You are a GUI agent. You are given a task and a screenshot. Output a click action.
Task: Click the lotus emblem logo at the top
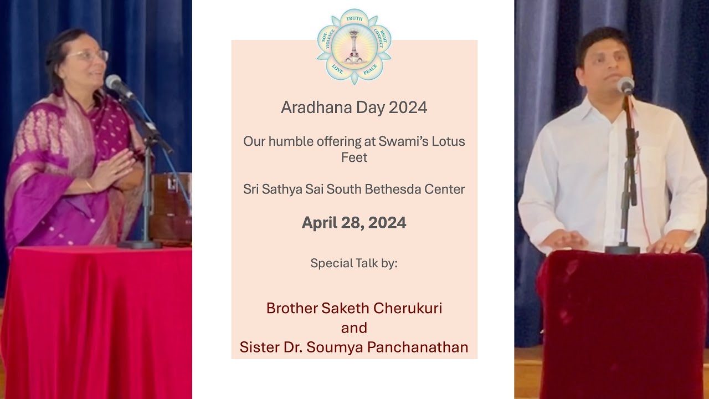pos(354,46)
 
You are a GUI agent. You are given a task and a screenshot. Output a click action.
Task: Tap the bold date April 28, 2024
pos(354,223)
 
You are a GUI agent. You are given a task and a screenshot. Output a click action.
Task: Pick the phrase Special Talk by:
pos(354,263)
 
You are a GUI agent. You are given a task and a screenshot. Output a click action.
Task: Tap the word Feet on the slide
pos(354,157)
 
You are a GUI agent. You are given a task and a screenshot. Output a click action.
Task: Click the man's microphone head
pos(626,85)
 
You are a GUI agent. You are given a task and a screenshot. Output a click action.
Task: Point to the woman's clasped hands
pos(114,170)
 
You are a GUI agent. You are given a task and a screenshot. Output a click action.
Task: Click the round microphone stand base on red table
pos(140,244)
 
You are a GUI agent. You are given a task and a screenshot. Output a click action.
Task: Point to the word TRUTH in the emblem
pos(354,19)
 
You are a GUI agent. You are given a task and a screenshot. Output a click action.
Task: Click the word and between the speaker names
pos(354,328)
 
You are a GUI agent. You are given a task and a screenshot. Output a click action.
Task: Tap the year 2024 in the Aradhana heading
pos(408,108)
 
